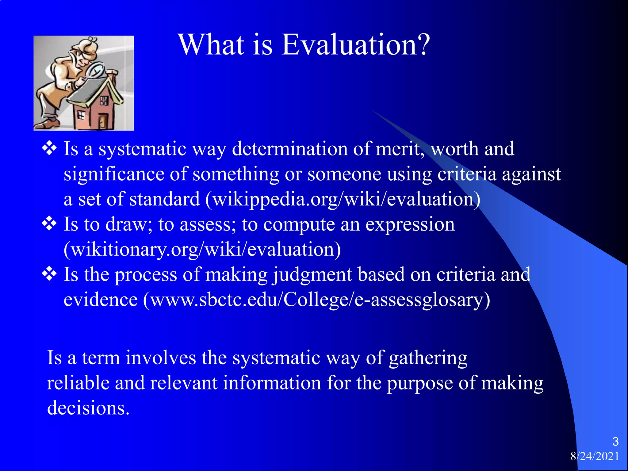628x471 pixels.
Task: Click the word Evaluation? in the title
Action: point(356,45)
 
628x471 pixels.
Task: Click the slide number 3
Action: point(615,442)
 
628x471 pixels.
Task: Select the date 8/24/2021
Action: point(595,456)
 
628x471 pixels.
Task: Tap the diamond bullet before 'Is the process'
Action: point(49,274)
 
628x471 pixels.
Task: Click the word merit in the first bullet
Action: point(400,149)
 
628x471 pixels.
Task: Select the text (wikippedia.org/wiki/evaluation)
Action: point(343,200)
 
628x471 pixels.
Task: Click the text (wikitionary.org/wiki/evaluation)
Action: point(202,250)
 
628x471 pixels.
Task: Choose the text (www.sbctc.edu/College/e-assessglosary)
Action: point(316,300)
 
